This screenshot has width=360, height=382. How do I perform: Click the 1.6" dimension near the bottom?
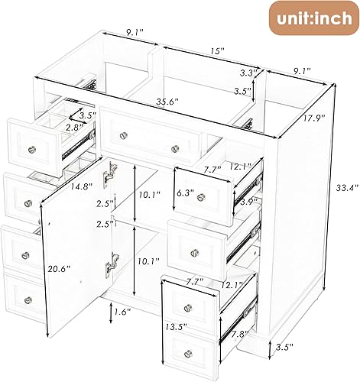click(x=120, y=312)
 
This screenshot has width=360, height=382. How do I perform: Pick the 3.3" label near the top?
click(x=246, y=73)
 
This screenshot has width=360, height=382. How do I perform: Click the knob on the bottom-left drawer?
click(x=28, y=299)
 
